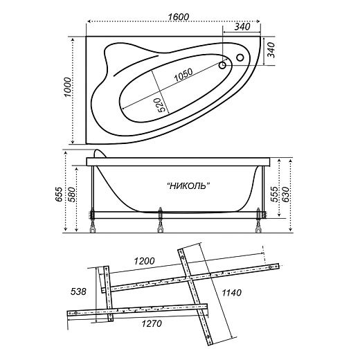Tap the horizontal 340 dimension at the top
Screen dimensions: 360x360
(242, 27)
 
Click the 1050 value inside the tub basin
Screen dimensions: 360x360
(183, 79)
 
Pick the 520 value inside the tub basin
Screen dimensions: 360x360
(160, 105)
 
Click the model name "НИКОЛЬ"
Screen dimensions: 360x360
(188, 186)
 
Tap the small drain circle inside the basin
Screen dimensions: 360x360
(223, 66)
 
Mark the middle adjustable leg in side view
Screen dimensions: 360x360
(161, 219)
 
